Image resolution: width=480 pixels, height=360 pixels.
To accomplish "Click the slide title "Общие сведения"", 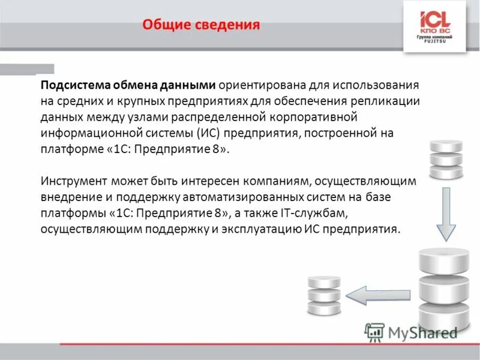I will click(x=201, y=25).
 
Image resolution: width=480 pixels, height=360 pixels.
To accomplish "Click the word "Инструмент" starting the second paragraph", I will click(x=73, y=180).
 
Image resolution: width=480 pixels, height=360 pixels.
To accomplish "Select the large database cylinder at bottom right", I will click(x=442, y=286).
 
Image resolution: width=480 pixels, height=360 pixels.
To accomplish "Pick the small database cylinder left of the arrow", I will click(x=323, y=295).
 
